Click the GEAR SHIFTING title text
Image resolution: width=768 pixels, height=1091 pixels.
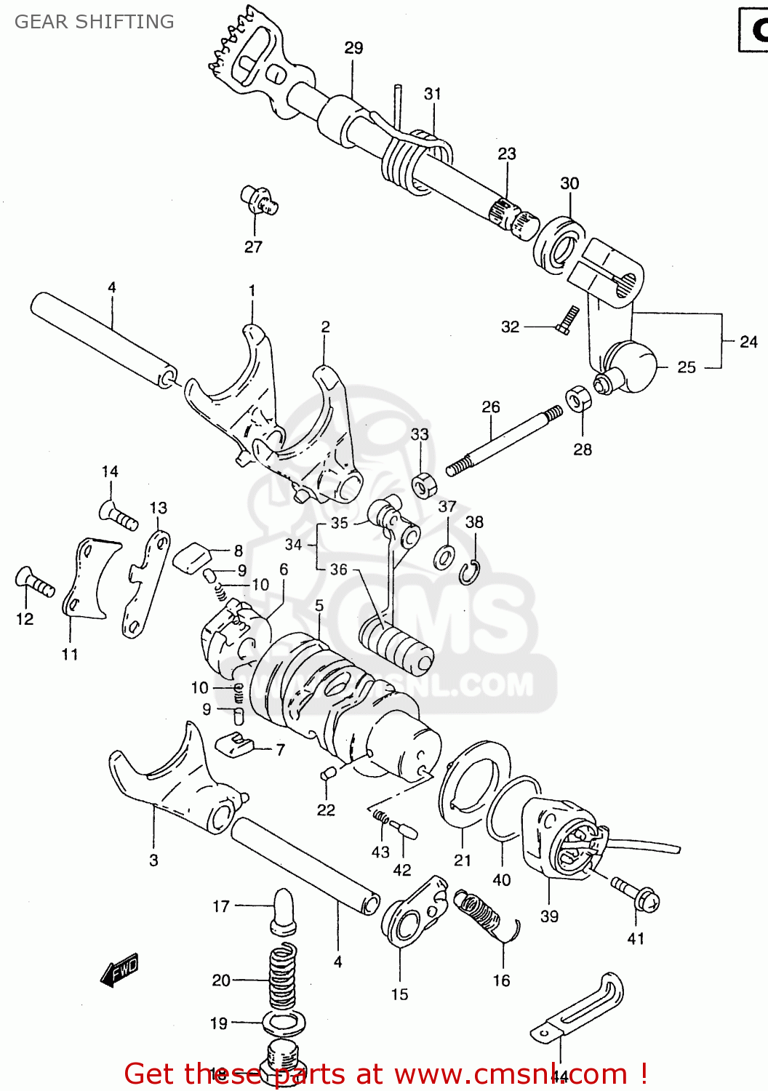[x=95, y=22]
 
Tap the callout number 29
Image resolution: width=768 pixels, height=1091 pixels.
[x=353, y=48]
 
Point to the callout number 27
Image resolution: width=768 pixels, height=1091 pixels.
[x=253, y=247]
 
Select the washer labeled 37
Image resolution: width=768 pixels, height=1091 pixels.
[x=444, y=557]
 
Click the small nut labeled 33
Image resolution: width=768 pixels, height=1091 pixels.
[x=423, y=484]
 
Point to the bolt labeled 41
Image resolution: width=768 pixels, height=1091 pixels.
[x=636, y=895]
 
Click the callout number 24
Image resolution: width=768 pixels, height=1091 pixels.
[x=748, y=342]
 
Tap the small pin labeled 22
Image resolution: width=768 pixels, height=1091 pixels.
[x=327, y=775]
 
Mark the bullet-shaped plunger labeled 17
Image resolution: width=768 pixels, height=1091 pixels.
[x=283, y=910]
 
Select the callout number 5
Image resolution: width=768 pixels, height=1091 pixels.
[x=319, y=605]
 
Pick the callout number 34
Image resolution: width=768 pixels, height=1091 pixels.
[x=293, y=544]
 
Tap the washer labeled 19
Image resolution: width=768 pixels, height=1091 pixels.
[x=284, y=1023]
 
